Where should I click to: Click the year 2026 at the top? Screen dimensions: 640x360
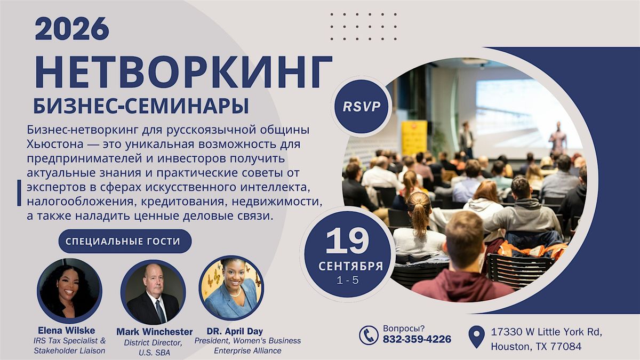pos(71,29)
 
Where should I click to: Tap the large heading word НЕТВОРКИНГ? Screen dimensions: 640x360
pos(183,71)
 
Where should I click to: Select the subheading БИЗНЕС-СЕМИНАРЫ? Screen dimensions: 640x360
pos(141,106)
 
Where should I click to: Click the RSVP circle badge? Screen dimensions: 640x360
pos(362,106)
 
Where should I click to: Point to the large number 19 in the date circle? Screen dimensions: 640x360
pos(347,241)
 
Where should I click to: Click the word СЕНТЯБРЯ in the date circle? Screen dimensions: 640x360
pos(350,266)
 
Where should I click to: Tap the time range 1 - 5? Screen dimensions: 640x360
pos(348,281)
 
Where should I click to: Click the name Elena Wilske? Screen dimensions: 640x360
pos(66,331)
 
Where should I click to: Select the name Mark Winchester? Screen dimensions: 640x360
pos(154,332)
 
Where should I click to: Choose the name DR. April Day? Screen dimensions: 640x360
pos(235,331)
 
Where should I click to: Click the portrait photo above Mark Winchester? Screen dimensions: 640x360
pos(153,292)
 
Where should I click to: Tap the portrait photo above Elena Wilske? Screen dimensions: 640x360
pos(69,291)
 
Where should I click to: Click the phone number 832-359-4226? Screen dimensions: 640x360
pos(417,339)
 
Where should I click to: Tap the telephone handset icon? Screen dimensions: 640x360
pos(369,335)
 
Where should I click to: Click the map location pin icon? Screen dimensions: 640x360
pos(477,337)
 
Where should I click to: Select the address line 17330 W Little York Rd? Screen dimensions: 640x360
pos(547,332)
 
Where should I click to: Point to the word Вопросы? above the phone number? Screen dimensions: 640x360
pos(404,329)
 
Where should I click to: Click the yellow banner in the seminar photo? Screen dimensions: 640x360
pos(414,138)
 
